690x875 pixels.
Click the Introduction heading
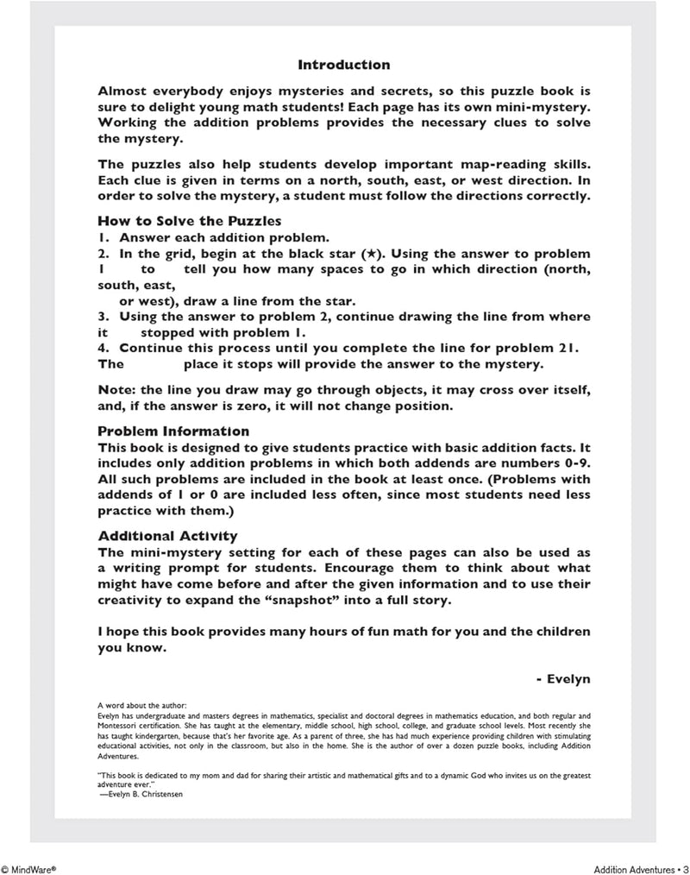(x=343, y=65)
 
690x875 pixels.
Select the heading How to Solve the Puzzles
(x=190, y=220)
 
